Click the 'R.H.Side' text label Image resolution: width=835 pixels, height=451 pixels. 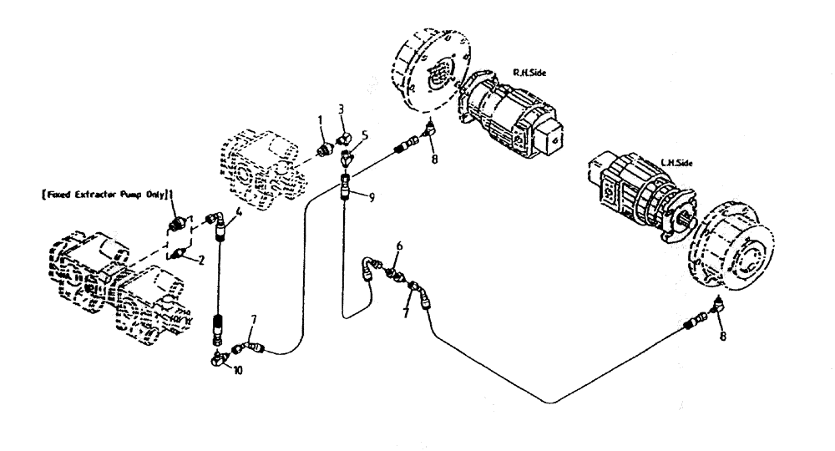pyautogui.click(x=529, y=73)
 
